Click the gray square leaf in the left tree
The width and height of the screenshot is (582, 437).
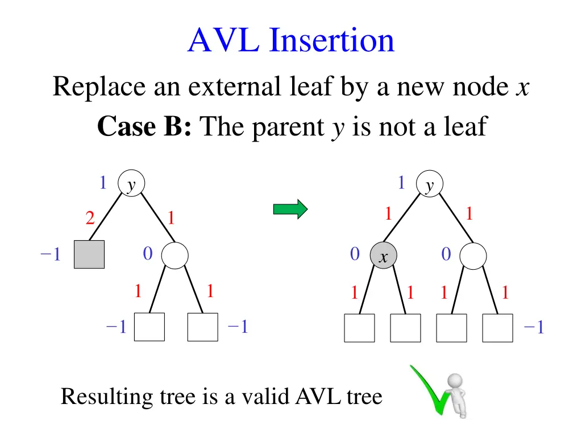pos(89,254)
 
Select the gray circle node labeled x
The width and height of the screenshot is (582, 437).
pos(384,257)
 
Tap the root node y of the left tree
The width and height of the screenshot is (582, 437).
pos(131,184)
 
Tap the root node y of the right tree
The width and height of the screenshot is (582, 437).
pos(430,185)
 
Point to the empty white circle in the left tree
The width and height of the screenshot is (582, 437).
pos(175,255)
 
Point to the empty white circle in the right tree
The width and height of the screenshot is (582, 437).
pos(473,255)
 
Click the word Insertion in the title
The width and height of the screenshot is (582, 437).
pos(332,41)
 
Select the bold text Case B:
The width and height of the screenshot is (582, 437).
pos(144,126)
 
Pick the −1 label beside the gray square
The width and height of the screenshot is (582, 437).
pos(51,255)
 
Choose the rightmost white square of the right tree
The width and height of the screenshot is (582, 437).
pos(497,328)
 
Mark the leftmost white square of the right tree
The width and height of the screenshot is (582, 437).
pos(360,328)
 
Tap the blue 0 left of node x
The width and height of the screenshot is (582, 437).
pos(355,254)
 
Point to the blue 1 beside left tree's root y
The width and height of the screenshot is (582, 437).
pos(103,183)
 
